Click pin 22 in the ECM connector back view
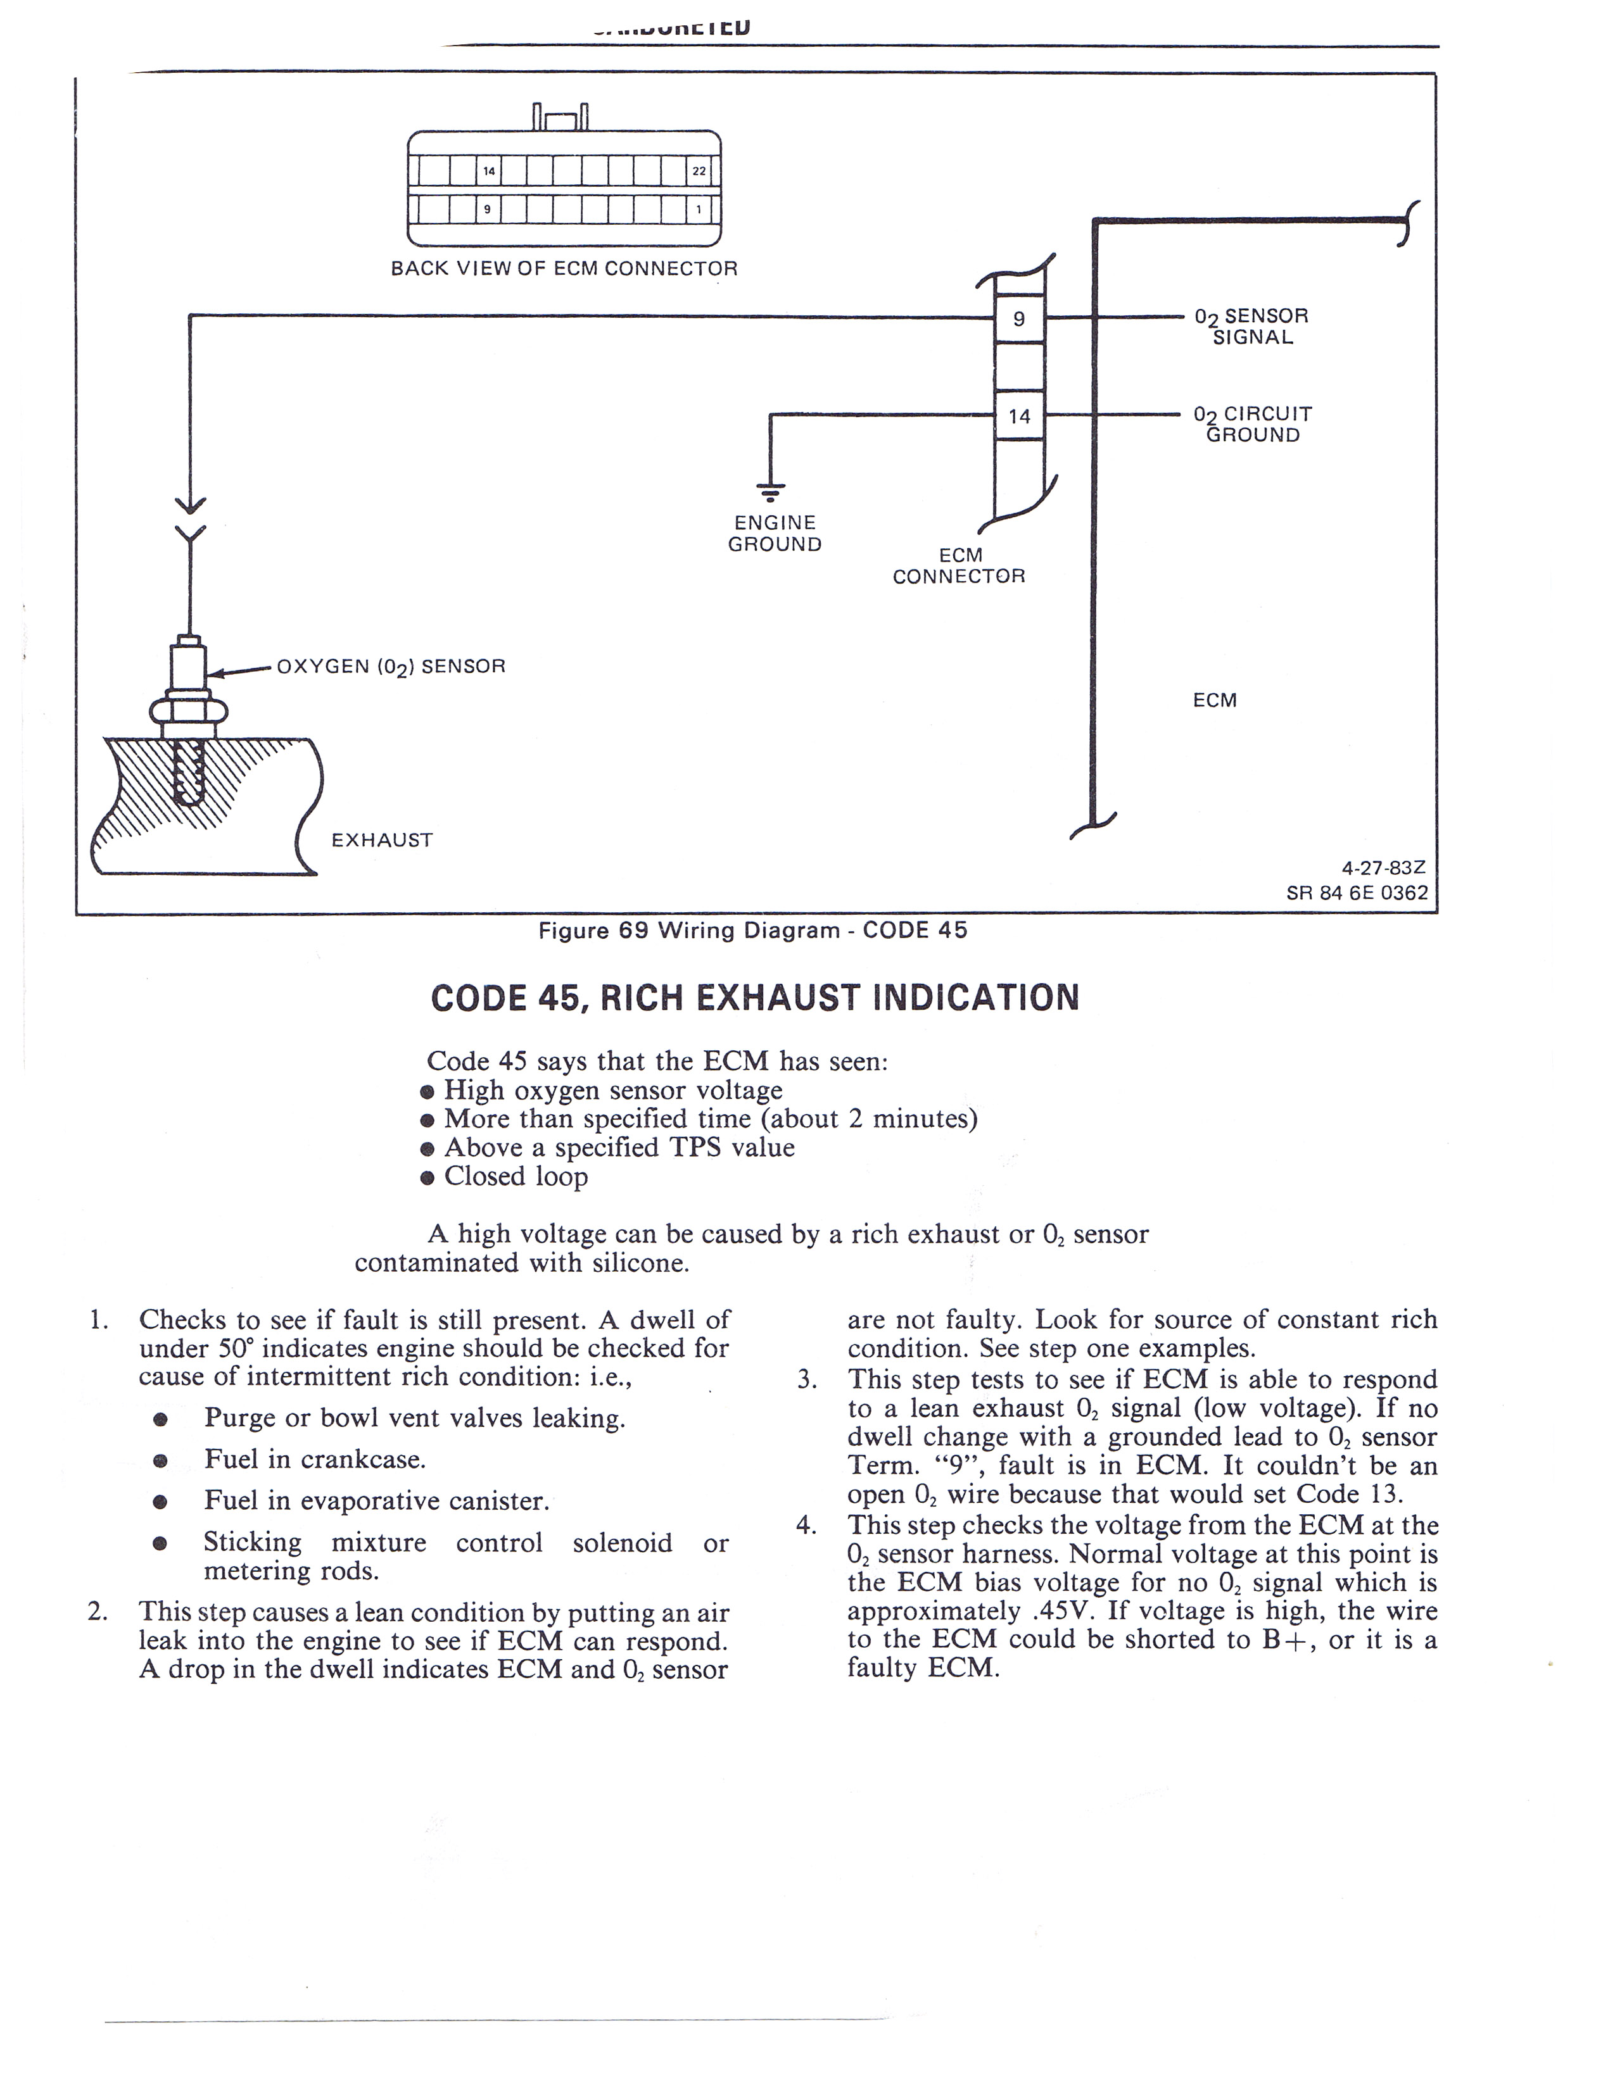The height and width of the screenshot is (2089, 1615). tap(699, 171)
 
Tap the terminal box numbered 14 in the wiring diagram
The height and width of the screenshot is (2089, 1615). tap(1019, 416)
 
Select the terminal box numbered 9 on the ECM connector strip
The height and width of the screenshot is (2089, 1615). tap(1019, 318)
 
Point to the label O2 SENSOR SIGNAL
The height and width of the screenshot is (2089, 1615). tap(1251, 326)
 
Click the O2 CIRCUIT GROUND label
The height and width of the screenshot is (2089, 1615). tap(1252, 425)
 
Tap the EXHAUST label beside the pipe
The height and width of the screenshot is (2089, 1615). tap(382, 840)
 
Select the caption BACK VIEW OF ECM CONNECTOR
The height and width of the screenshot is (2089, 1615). tap(564, 269)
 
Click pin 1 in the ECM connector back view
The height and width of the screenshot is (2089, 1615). tap(699, 208)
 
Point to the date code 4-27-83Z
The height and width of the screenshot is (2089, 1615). tap(1383, 869)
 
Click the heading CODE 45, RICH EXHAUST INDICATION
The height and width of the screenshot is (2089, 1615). tap(755, 998)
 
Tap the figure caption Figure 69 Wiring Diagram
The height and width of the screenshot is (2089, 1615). tap(753, 930)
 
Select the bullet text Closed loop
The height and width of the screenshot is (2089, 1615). tap(516, 1177)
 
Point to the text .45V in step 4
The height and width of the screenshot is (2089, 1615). tap(1064, 1611)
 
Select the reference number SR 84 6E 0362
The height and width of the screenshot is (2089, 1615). tap(1357, 893)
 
